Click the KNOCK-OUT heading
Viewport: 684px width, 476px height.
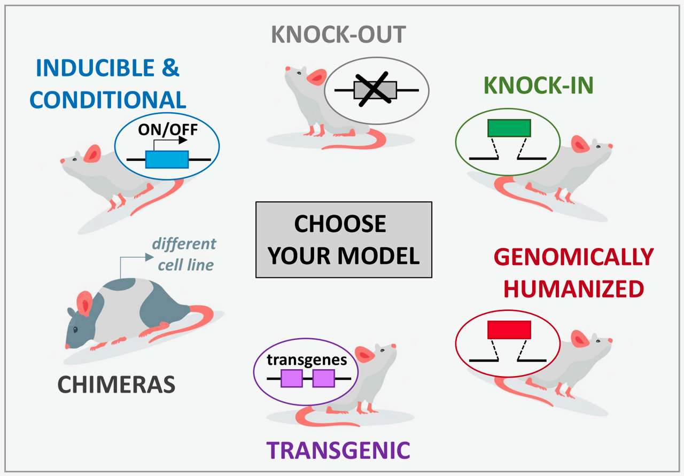point(339,35)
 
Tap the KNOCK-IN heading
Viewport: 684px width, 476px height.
point(539,86)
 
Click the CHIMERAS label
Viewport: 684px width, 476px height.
point(116,385)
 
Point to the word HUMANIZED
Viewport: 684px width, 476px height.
point(573,289)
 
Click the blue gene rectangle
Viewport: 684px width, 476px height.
point(167,159)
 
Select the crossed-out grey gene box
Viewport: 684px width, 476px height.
point(375,90)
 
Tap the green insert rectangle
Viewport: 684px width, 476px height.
point(509,128)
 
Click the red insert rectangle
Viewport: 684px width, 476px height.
point(509,330)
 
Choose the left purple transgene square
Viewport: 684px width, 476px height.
point(292,378)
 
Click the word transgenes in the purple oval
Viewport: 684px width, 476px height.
point(307,360)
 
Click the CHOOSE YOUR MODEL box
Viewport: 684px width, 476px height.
point(344,240)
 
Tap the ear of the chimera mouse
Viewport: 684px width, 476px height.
point(85,303)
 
